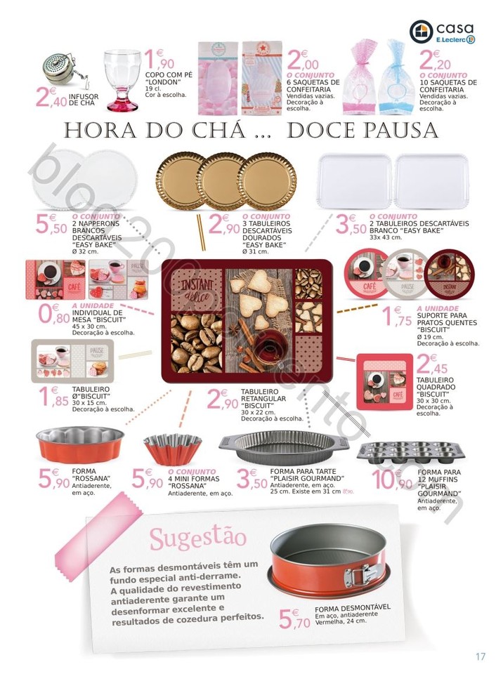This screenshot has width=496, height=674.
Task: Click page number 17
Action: coord(480,656)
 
